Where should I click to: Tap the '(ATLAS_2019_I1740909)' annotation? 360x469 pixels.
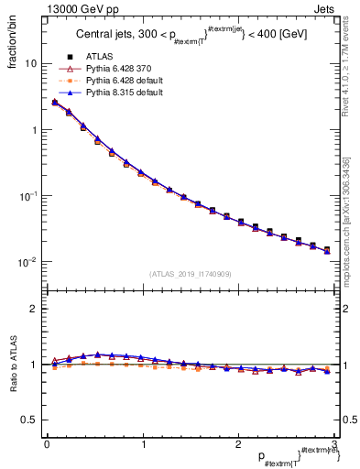[190, 274]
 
